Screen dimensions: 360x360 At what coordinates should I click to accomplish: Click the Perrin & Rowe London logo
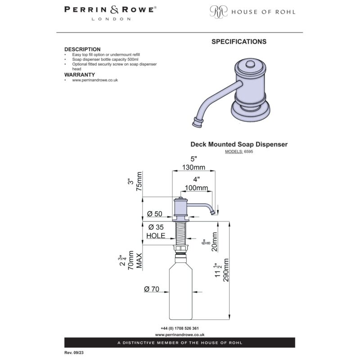110,13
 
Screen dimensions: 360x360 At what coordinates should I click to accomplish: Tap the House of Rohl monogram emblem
218,12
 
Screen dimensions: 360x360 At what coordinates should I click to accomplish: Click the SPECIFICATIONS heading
239,41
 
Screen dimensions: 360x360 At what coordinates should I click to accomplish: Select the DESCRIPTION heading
82,49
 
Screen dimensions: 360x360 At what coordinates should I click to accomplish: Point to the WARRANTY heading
80,75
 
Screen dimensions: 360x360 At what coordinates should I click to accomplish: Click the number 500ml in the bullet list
133,59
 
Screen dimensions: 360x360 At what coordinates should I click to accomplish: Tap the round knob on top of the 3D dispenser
250,64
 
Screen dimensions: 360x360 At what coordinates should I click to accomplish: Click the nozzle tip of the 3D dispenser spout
198,123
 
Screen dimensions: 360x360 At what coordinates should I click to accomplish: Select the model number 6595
248,152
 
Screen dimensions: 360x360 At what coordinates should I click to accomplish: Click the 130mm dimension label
193,167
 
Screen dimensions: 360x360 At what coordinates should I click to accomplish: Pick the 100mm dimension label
197,188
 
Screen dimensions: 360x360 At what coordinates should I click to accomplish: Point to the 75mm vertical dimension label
139,182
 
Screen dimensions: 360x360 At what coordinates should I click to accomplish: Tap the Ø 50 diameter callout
154,214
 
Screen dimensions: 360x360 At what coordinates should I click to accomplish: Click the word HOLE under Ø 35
156,235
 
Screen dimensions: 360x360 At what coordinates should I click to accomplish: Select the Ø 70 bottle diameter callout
152,289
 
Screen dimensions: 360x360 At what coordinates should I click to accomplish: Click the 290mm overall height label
226,270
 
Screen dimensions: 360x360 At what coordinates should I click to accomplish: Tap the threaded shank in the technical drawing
181,233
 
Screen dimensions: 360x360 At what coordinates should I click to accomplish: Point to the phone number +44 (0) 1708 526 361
180,328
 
